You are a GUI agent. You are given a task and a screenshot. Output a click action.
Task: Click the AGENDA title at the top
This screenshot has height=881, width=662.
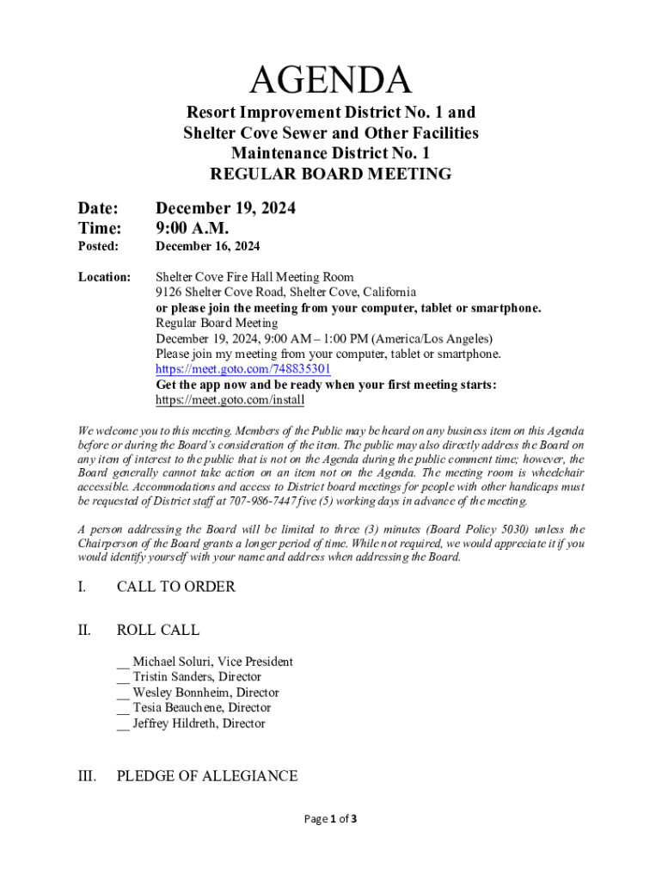pyautogui.click(x=331, y=81)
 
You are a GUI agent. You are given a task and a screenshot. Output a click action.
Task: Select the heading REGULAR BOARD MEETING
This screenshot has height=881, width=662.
pyautogui.click(x=331, y=174)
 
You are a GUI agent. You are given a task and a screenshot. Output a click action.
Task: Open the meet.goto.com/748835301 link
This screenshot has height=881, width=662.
pyautogui.click(x=242, y=369)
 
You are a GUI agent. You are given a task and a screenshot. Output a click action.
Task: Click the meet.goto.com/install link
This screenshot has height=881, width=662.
pyautogui.click(x=230, y=400)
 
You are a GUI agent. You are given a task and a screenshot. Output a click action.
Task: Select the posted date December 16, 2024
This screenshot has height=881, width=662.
pyautogui.click(x=207, y=247)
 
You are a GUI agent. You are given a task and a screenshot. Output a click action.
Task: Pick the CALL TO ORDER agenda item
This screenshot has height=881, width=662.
pyautogui.click(x=175, y=587)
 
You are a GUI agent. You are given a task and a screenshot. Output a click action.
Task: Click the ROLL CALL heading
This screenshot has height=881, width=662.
pyautogui.click(x=157, y=630)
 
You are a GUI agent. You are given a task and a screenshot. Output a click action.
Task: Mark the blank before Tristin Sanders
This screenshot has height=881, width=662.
pyautogui.click(x=123, y=677)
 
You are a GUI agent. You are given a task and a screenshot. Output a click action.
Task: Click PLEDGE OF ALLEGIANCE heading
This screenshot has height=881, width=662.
pyautogui.click(x=206, y=776)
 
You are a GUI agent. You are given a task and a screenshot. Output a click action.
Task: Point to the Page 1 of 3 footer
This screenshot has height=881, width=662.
pyautogui.click(x=331, y=819)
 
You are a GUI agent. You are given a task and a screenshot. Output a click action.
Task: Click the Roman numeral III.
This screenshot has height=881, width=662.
pyautogui.click(x=86, y=776)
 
